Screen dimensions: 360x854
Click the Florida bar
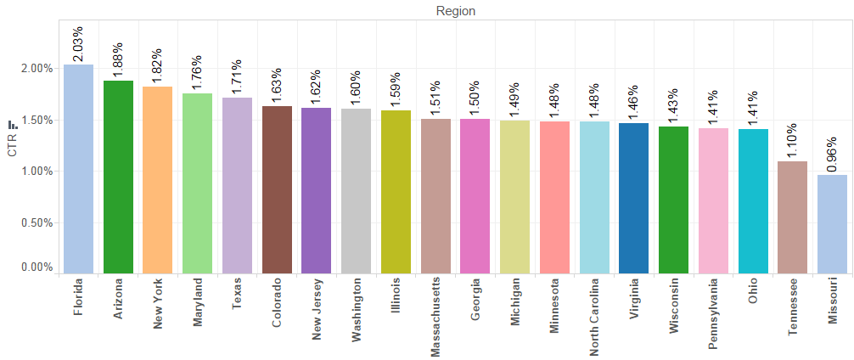[78, 169]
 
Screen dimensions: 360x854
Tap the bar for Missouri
[832, 224]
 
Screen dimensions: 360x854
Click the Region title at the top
[455, 11]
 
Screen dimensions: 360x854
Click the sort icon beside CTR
[12, 126]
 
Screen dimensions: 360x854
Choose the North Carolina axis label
[594, 316]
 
